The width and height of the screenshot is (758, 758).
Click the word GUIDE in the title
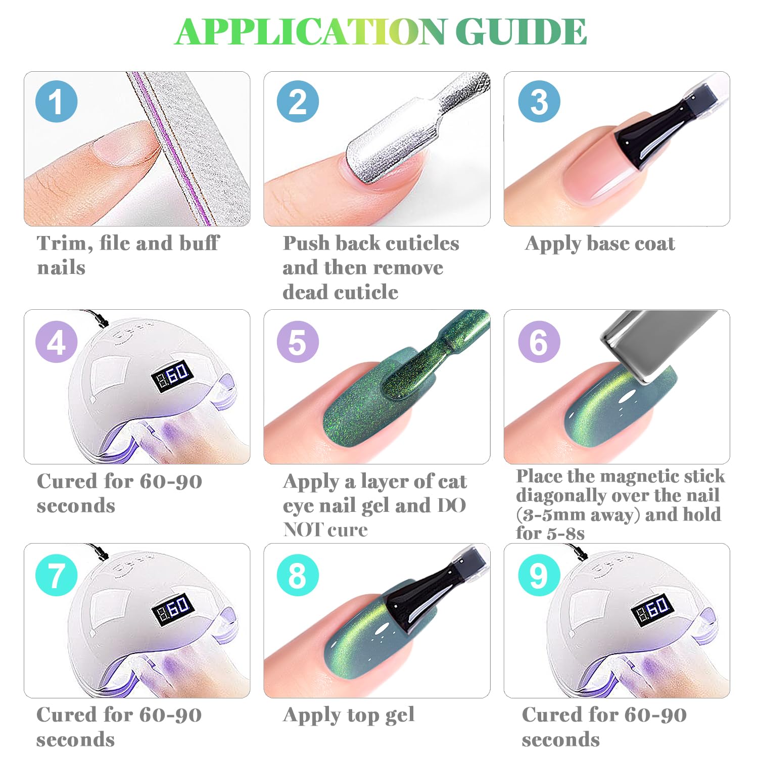click(521, 31)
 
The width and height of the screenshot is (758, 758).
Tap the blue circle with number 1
click(57, 101)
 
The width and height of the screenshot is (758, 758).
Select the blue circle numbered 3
click(539, 101)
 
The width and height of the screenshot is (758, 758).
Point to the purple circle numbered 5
click(298, 341)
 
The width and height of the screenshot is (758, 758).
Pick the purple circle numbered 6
click(539, 341)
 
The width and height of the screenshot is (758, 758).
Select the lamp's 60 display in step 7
click(172, 608)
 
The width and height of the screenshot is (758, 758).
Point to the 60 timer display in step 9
click(652, 610)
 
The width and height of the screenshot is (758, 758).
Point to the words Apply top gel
click(349, 715)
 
